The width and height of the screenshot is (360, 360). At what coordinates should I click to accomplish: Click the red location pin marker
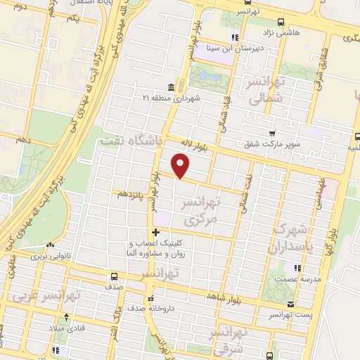point(181,166)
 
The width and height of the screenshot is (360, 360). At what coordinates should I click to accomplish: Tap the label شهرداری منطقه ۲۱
point(171,97)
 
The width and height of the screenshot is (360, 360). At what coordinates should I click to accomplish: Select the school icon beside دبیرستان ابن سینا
point(236,38)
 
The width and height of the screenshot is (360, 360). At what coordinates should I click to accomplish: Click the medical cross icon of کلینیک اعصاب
point(155,232)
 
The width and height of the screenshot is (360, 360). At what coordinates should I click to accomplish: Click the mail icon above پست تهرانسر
point(290,304)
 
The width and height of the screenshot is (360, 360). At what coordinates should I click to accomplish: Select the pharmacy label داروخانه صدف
point(150,308)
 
